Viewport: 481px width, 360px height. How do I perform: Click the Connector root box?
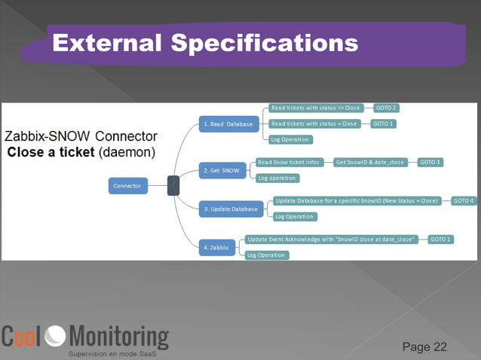tap(127, 185)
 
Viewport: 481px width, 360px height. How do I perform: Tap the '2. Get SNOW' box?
tap(221, 171)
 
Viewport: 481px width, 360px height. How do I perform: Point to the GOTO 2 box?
tap(386, 108)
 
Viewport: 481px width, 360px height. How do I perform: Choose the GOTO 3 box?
tap(430, 162)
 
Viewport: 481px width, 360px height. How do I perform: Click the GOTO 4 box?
tap(464, 201)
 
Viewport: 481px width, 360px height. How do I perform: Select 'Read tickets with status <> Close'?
tap(316, 108)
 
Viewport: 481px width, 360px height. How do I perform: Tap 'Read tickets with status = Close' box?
tap(314, 124)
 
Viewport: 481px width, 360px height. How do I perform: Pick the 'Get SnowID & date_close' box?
tap(370, 162)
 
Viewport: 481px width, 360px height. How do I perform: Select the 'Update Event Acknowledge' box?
tap(332, 239)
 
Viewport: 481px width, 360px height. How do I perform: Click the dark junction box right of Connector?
tap(173, 185)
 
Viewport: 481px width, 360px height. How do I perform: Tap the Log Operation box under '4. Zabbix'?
tap(266, 255)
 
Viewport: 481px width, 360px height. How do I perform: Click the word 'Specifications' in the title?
tap(264, 43)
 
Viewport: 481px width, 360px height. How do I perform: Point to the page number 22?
tap(439, 346)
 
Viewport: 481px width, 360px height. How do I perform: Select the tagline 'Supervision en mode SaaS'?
tap(112, 353)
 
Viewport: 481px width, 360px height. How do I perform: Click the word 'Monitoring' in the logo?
tap(119, 336)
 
